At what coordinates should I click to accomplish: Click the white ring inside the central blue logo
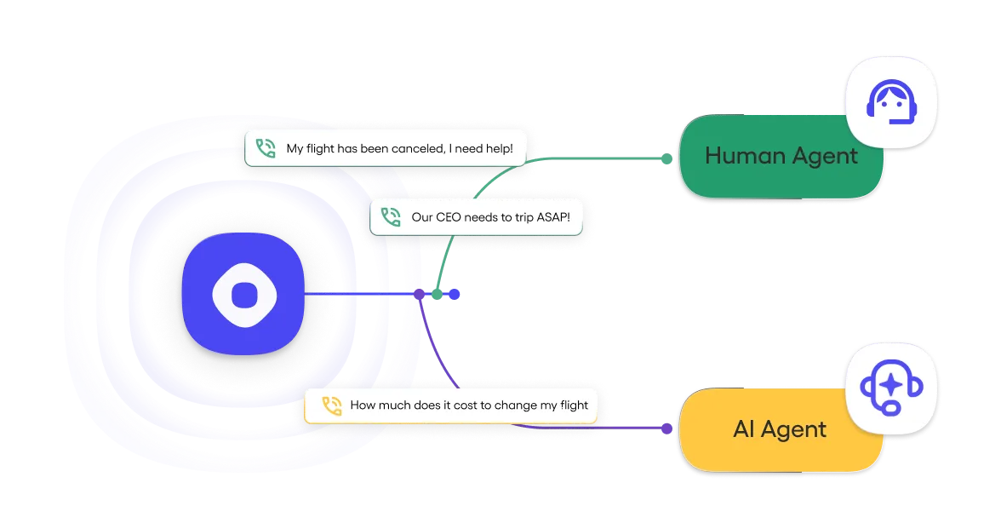coord(244,294)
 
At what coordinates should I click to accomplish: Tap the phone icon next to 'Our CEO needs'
coord(391,217)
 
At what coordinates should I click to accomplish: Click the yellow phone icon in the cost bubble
coord(331,405)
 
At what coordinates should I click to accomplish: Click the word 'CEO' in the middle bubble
coord(448,217)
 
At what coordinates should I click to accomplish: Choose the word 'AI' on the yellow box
coord(743,429)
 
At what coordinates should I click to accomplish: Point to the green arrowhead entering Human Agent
coord(666,158)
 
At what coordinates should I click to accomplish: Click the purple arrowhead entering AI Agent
coord(666,429)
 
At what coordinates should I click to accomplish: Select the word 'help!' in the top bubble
coord(497,148)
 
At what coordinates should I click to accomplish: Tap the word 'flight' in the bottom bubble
coord(570,405)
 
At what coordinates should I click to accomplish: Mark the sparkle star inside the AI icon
coord(890,384)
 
